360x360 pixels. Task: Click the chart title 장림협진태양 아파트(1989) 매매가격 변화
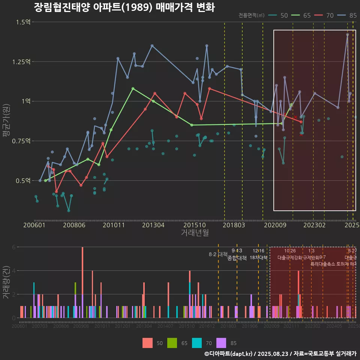point(124,7)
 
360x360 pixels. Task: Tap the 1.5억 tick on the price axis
point(23,22)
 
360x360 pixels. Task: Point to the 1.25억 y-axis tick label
point(21,62)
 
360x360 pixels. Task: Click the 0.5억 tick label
point(23,181)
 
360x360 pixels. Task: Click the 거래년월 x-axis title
point(195,233)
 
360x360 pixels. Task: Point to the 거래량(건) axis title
point(6,282)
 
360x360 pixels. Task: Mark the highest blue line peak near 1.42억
point(348,34)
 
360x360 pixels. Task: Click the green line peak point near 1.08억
point(133,88)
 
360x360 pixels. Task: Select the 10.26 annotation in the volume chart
point(290,250)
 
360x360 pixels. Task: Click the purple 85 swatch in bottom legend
point(222,343)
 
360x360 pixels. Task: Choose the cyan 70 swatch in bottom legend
point(197,343)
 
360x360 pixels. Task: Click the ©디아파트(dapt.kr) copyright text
point(229,354)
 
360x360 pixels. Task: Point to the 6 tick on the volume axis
point(13,247)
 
